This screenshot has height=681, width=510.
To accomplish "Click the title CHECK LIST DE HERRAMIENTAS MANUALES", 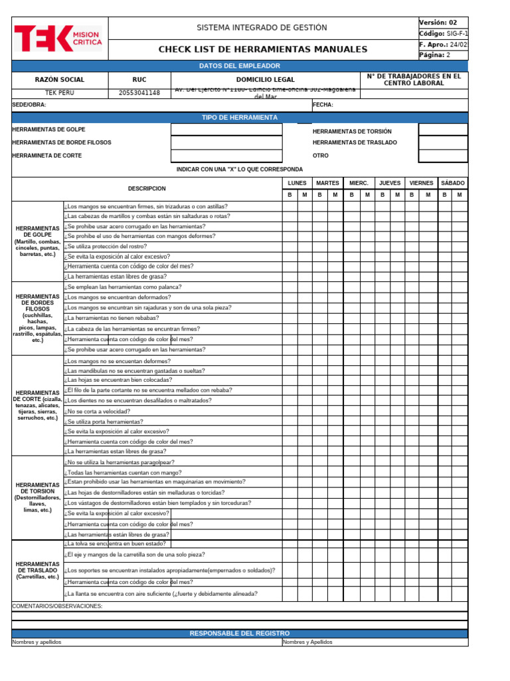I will pos(262,50).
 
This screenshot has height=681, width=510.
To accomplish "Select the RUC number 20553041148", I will pos(139,93).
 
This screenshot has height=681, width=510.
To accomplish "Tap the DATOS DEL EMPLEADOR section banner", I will pos(240,66).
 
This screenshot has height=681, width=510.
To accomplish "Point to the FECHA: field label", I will pos(323,105).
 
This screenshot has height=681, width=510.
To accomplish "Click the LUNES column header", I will pos(297,183).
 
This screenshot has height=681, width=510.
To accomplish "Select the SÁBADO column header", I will pos(453,183).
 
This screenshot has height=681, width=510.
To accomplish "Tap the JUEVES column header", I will pos(390,183).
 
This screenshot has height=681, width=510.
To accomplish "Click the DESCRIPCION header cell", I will pos(146,189).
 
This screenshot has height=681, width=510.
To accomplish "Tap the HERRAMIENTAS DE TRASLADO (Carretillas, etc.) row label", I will pos(38,570).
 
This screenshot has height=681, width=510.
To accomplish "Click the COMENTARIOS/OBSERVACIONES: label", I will pos(58,607).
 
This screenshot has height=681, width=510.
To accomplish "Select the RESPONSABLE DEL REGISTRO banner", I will pos(240,633).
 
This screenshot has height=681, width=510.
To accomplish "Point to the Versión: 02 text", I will pos(438,23).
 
